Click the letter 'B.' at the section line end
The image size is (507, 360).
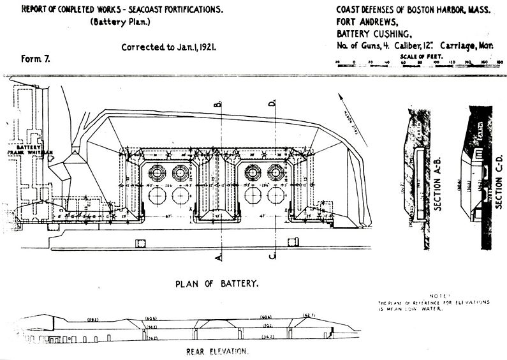218,103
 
